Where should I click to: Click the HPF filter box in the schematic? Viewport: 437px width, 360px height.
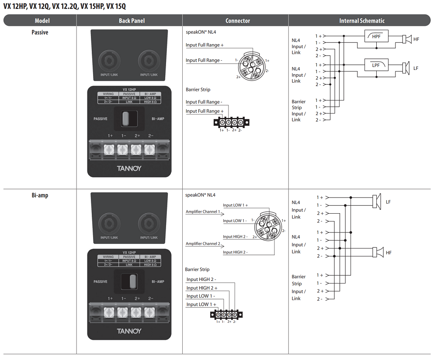click(376, 36)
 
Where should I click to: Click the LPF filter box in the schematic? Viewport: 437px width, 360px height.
click(376, 65)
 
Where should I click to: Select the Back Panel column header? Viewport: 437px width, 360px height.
click(132, 21)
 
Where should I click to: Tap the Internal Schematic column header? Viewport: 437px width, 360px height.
click(362, 21)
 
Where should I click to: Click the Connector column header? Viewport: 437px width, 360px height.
click(238, 21)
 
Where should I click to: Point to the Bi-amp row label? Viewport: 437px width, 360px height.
click(40, 195)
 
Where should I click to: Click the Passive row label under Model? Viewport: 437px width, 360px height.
click(40, 32)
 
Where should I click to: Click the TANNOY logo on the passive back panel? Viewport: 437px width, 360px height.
click(129, 168)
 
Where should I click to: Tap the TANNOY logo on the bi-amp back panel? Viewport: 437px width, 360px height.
click(129, 331)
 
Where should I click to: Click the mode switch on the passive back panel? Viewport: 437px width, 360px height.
click(126, 118)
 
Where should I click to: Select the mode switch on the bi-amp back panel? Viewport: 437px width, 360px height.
click(126, 281)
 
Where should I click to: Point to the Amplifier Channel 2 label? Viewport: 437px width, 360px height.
click(203, 244)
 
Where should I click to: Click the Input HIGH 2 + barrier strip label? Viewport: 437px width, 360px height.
click(202, 288)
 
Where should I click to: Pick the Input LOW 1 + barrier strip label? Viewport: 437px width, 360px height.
click(201, 305)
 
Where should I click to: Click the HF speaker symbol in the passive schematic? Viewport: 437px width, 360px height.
click(406, 39)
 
